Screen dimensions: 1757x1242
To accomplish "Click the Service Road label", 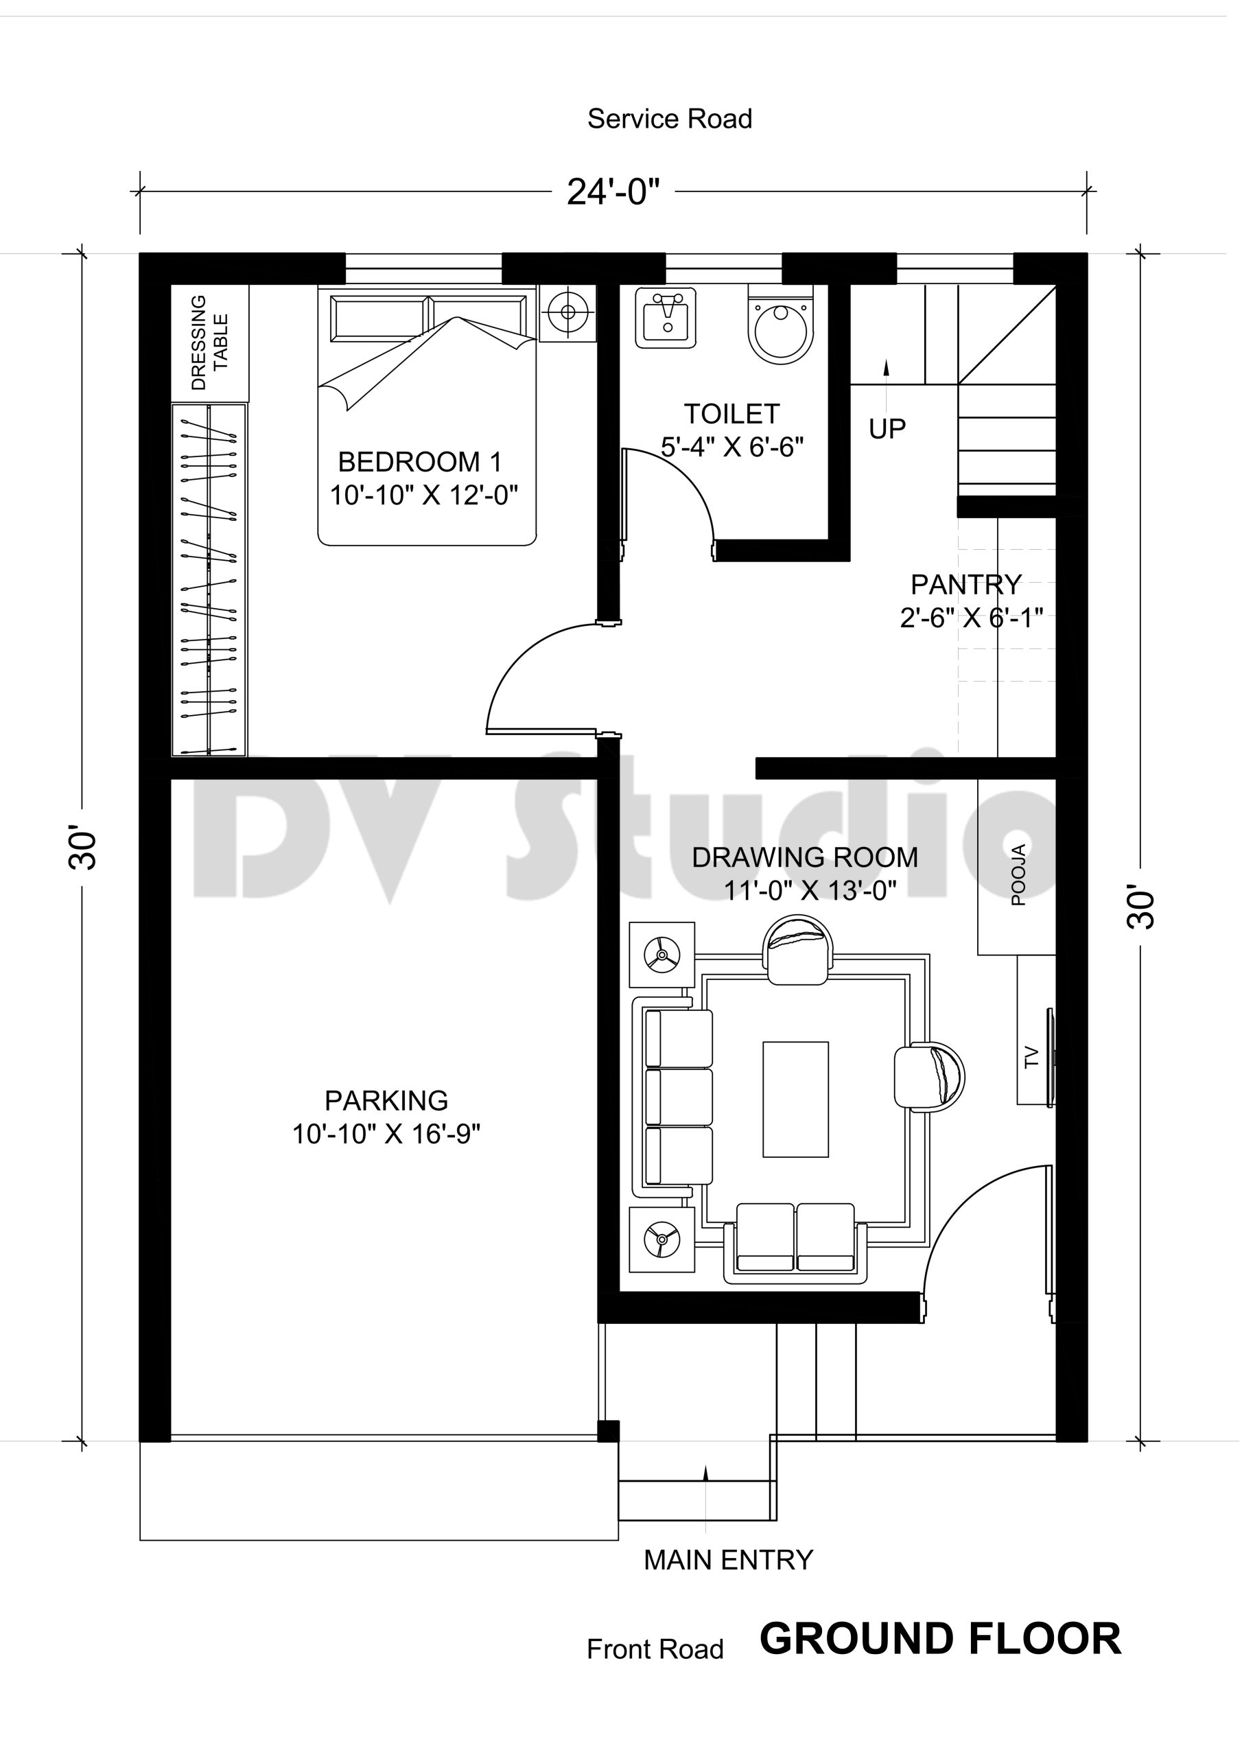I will (x=670, y=119).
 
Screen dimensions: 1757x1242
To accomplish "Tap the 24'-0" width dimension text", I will (x=613, y=192).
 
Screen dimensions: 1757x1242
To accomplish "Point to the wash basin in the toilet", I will (x=665, y=318).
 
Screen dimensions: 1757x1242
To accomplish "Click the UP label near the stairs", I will (x=887, y=430).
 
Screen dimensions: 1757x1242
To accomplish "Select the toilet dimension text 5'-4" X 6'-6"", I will (x=732, y=447).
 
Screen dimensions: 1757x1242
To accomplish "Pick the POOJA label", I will (x=1018, y=876).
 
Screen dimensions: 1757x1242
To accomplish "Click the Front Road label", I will (x=655, y=1650).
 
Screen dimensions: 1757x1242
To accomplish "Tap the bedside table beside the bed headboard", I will (x=567, y=313).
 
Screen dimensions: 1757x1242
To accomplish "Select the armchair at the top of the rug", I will (x=798, y=951).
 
